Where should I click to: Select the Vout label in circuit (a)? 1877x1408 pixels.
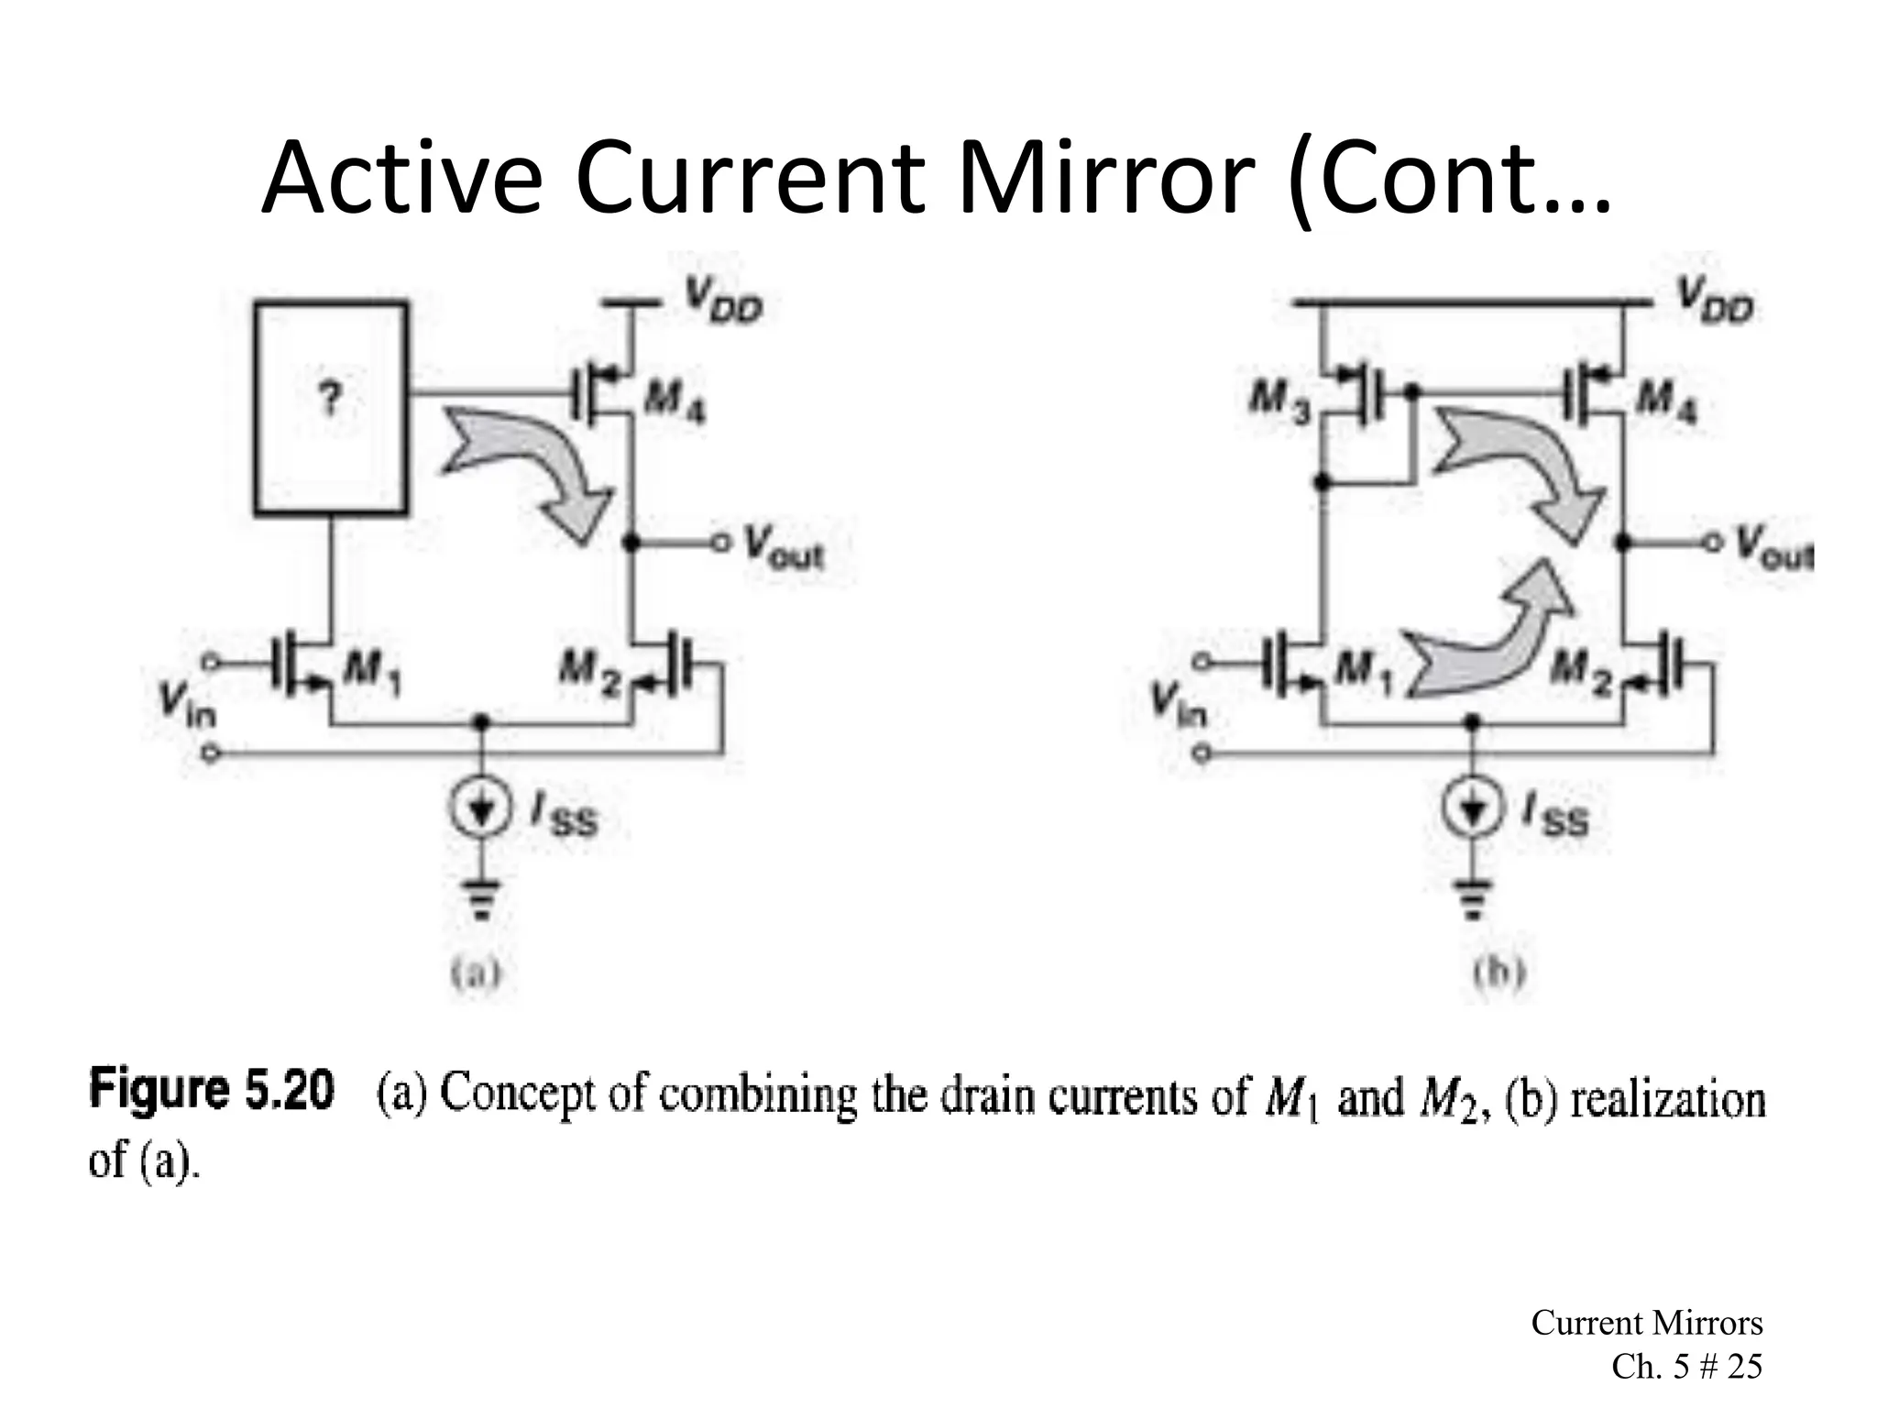point(784,547)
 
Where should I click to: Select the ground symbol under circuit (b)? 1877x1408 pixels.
point(1473,896)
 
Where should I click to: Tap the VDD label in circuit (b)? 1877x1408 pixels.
point(1714,305)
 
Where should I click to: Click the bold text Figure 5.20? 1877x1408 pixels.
point(212,1094)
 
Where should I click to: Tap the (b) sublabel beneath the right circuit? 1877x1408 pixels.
point(1499,973)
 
